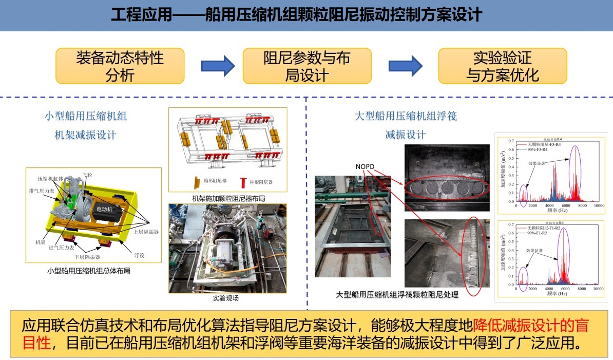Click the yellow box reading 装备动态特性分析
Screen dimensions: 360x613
(120, 66)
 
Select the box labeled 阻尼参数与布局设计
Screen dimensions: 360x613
(306, 66)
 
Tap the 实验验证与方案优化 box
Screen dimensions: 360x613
(502, 66)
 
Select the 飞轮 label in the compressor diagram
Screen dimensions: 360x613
(88, 175)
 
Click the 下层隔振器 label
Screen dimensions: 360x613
(88, 257)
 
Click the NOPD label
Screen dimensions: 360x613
(366, 166)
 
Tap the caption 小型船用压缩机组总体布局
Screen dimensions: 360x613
(88, 270)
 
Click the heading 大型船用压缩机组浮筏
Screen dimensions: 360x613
(406, 116)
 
